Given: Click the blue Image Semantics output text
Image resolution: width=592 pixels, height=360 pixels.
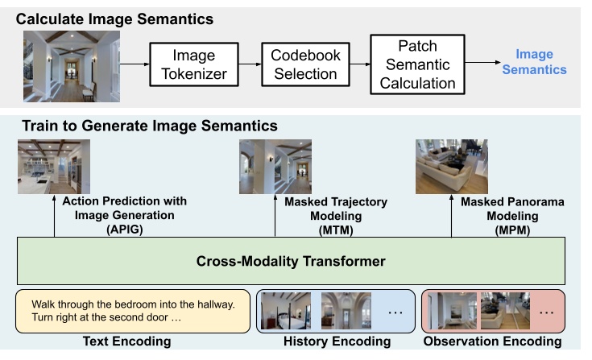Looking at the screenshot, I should pyautogui.click(x=534, y=62).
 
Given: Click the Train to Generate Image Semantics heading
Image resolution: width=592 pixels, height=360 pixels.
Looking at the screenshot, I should pyautogui.click(x=149, y=126).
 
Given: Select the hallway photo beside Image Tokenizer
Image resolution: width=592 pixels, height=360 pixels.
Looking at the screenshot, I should pyautogui.click(x=72, y=62).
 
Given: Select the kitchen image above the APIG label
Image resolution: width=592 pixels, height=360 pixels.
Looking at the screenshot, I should pyautogui.click(x=54, y=167).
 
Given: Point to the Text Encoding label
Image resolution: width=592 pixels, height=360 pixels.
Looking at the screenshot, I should pyautogui.click(x=127, y=341).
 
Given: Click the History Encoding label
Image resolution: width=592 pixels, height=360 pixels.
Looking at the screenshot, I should pyautogui.click(x=337, y=341).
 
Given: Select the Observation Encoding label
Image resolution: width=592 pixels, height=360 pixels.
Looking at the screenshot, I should pyautogui.click(x=492, y=341).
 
